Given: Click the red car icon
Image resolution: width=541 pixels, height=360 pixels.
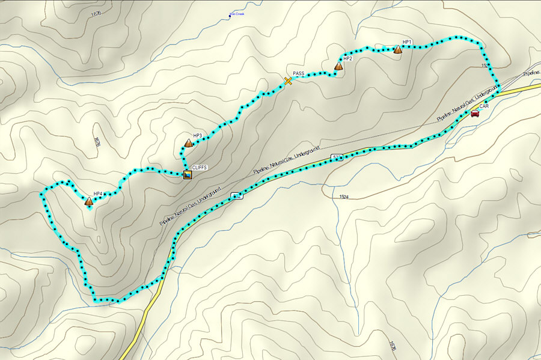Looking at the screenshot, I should coord(474,113).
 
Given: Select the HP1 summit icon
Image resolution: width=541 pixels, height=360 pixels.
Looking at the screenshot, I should coord(397,50).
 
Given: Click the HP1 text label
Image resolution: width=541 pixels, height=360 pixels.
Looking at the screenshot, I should coord(407,42).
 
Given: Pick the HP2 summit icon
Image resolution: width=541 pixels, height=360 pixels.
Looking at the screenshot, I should coord(338,66).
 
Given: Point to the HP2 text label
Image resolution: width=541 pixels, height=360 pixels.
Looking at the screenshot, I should coord(347,59).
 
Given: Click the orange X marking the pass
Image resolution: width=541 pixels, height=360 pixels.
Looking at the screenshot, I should coord(288,81).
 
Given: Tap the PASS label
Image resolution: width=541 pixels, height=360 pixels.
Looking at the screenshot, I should coord(299,73).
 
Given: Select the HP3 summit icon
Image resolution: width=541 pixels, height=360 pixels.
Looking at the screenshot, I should coord(188,143).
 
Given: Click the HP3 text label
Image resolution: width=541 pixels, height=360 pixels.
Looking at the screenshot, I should coord(197,136).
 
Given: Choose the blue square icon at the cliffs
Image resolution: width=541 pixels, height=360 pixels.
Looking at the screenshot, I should coord(188,175).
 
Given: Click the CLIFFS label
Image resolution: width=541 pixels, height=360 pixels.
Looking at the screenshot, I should coord(199,168).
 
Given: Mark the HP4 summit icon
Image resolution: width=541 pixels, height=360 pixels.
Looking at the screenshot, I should coord(89,201).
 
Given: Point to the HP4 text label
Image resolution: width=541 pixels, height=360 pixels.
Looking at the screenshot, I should coord(98,194).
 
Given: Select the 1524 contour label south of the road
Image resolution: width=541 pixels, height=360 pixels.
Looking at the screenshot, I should coord(344,197).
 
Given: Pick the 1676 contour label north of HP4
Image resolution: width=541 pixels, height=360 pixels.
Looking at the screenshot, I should coord(96,142).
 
